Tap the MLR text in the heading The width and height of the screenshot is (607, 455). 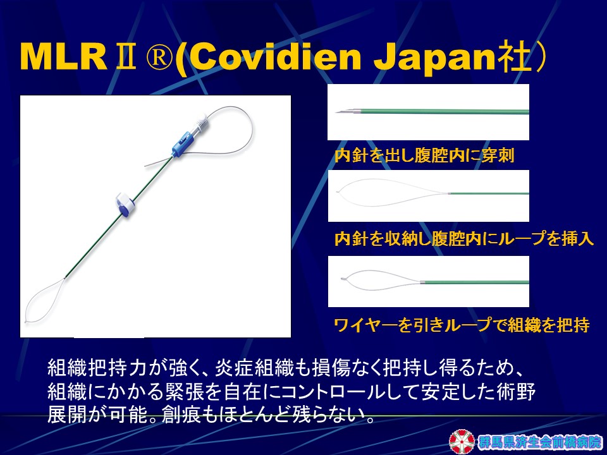pos(64,56)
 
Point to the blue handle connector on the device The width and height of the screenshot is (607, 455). pos(181,144)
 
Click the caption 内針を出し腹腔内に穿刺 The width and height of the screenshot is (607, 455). pos(424,155)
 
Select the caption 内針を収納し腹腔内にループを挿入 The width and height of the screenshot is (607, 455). pos(463,238)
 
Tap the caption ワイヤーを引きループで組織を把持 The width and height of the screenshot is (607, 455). pos(462,325)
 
